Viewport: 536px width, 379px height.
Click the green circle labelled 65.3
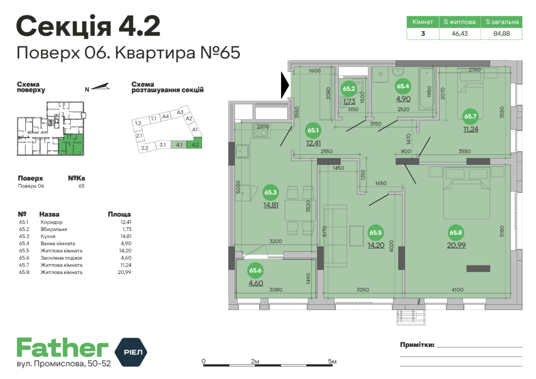coord(271,193)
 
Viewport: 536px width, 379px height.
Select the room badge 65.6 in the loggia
coord(255,271)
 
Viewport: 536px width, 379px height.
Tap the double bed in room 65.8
coord(467,193)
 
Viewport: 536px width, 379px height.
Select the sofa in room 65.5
coord(335,229)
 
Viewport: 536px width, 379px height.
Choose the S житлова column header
coord(460,22)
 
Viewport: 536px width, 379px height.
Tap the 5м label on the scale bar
coord(332,361)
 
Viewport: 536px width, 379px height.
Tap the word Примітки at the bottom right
coord(417,345)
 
